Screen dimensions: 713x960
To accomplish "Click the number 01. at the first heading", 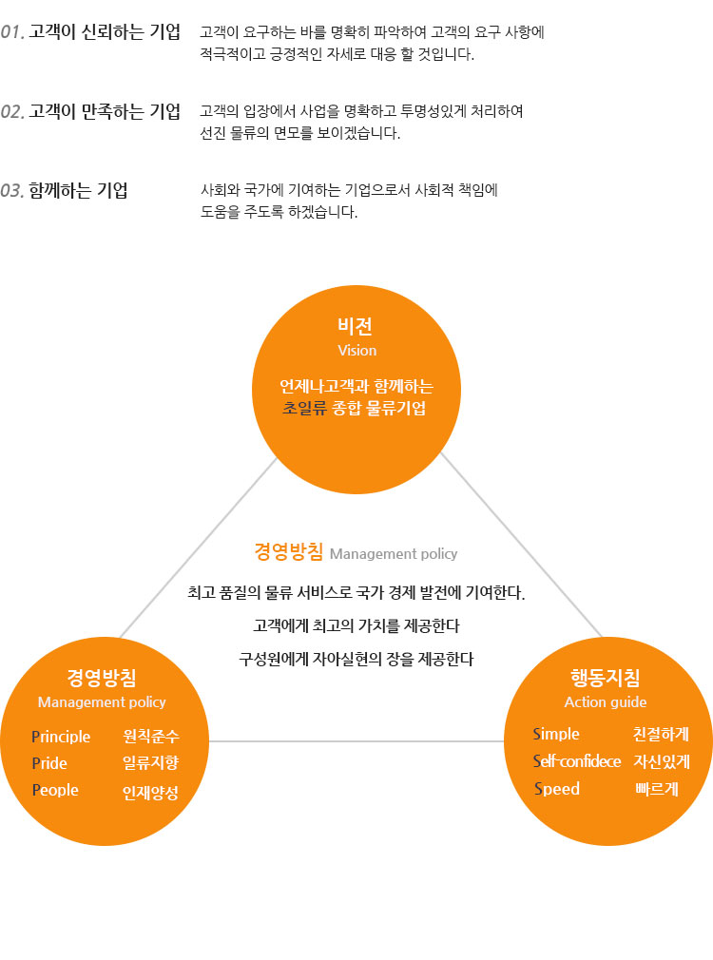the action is [12, 31].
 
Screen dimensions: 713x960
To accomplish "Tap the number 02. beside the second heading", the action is [12, 111].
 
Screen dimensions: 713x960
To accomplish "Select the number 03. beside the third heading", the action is [12, 190].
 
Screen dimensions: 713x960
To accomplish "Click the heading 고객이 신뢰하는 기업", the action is [105, 31].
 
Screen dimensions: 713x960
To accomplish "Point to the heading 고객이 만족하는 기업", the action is [105, 111].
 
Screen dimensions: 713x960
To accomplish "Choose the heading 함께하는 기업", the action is [78, 190].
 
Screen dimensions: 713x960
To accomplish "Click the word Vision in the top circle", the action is [357, 350].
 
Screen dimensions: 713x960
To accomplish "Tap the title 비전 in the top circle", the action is [356, 326].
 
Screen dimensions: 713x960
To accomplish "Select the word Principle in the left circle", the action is [61, 737].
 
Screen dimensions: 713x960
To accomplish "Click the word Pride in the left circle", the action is [49, 763].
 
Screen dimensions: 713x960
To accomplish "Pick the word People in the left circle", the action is [55, 791].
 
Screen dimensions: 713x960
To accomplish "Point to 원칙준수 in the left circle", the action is [151, 736].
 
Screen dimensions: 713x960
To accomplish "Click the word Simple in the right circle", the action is [556, 734].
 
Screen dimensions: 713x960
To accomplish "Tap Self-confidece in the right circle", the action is [577, 761].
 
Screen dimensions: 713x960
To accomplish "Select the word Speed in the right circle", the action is [557, 789].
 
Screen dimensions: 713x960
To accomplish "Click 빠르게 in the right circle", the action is [657, 789].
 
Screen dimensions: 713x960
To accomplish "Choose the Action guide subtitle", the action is [606, 702].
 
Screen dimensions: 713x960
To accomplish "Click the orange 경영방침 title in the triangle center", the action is [288, 551].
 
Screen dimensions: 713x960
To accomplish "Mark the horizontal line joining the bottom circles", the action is [356, 741].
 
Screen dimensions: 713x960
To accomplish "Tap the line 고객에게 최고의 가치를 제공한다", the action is [356, 625].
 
